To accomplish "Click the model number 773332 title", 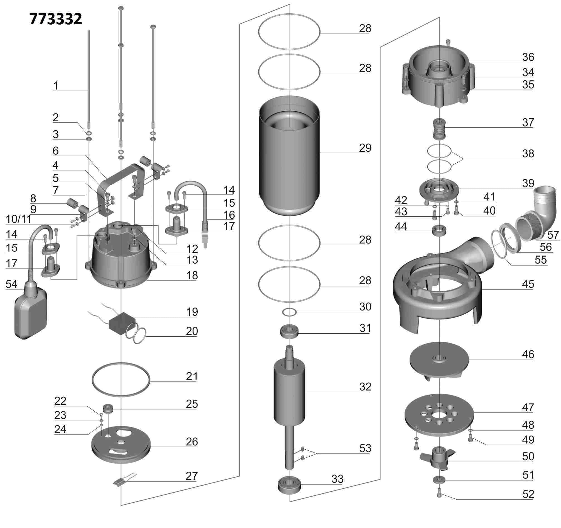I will click(x=56, y=19).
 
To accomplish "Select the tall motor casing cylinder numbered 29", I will click(x=289, y=158).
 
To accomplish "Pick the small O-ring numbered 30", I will click(x=289, y=312).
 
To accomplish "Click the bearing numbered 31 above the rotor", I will click(x=289, y=331).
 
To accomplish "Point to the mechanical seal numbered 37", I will click(x=439, y=129).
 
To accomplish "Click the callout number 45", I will click(x=528, y=284).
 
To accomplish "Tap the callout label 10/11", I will click(x=19, y=219).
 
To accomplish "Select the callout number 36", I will click(x=528, y=57).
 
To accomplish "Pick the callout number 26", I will click(x=192, y=442).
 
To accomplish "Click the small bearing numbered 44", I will click(x=439, y=230).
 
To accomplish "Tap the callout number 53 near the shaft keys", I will click(x=365, y=448).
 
